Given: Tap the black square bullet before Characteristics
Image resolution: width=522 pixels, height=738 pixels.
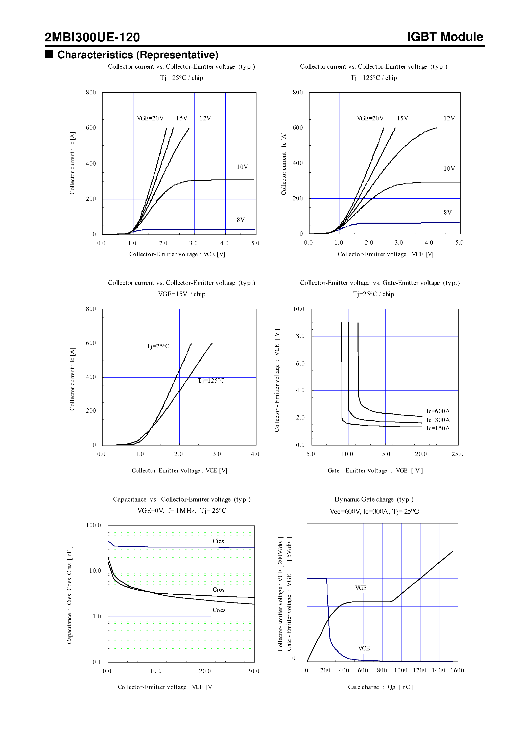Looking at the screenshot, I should coord(49,54).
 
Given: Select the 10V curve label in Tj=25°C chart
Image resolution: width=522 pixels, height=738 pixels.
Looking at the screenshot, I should coord(242,167).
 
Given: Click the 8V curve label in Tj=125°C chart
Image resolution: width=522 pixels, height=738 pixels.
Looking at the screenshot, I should coord(447,213).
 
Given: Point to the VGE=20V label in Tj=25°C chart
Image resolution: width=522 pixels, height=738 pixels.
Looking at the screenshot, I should coord(150,118).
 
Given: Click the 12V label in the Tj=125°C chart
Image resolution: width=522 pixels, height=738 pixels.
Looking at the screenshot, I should coord(449,118).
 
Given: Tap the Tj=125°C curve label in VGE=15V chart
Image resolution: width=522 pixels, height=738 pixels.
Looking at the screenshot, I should coord(211,381).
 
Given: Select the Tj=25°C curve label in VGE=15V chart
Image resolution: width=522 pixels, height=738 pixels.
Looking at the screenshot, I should coord(158,346).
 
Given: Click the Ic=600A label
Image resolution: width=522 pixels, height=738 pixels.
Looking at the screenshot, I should coord(438,411).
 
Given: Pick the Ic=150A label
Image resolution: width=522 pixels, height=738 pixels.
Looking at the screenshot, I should coord(438,428).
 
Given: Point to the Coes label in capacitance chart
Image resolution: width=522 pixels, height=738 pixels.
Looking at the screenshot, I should coord(219,610).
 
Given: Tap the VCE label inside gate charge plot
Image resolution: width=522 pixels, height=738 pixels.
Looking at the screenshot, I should coord(364,648).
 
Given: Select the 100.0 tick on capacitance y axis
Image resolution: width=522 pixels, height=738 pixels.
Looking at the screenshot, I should coord(93,525).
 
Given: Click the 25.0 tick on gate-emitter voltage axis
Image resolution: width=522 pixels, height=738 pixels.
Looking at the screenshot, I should coord(457,454).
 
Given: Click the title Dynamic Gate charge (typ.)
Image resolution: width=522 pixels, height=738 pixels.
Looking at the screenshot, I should coord(374,499).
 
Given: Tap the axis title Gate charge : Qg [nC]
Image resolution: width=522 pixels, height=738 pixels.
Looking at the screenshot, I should coord(381,687).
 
